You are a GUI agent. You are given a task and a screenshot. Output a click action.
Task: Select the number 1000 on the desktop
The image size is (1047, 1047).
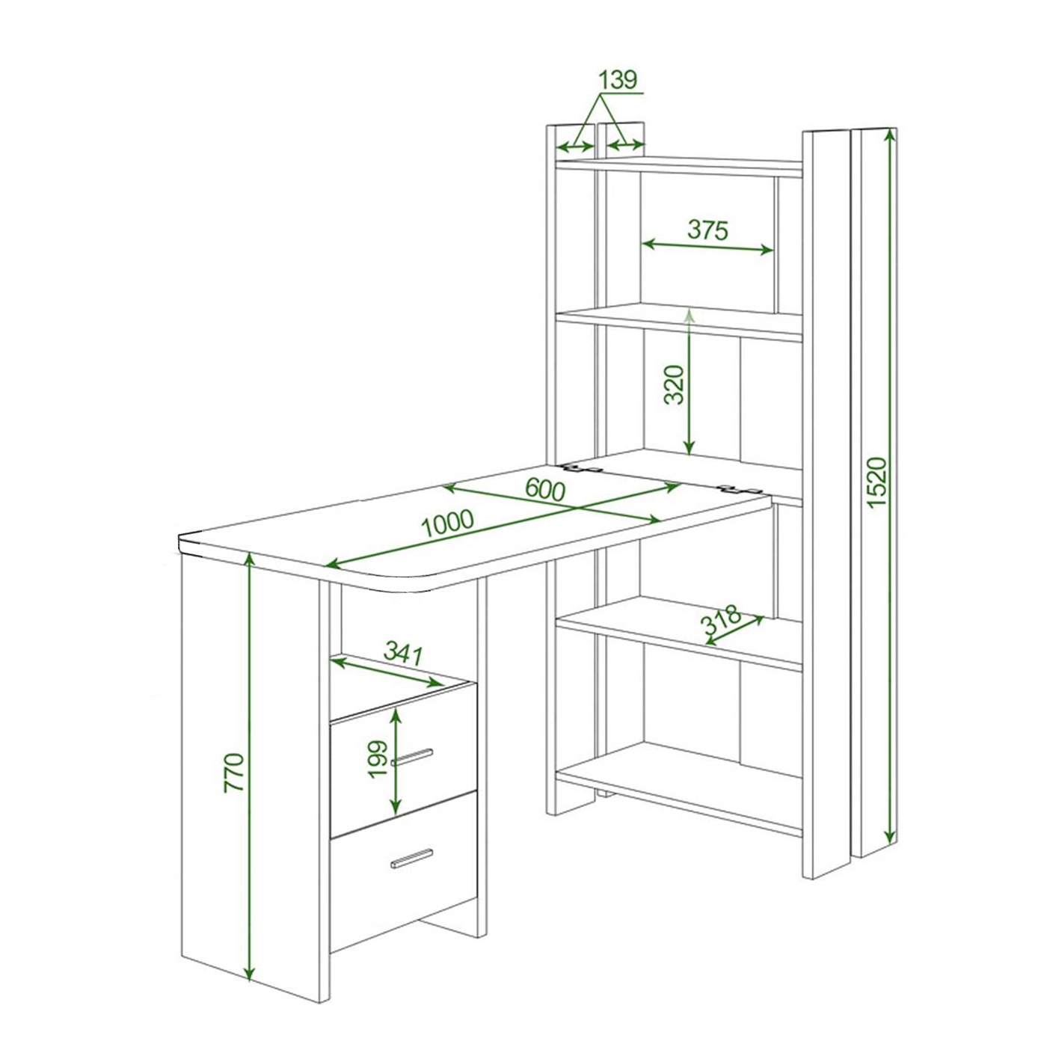click(448, 523)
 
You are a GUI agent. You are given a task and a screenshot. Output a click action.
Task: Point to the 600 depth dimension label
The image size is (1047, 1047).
click(545, 491)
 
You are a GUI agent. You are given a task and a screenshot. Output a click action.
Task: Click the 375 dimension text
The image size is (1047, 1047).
click(707, 230)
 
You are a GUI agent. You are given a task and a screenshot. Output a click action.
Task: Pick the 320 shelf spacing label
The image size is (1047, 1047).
click(674, 385)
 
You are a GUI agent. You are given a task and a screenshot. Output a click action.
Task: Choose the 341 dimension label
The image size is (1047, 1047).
click(403, 654)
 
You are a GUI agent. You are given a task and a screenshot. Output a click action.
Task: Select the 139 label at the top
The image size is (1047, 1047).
click(617, 81)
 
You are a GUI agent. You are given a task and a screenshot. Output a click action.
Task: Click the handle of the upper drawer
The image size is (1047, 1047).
click(412, 757)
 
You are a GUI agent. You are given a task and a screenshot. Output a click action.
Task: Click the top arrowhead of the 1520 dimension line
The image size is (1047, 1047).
click(890, 137)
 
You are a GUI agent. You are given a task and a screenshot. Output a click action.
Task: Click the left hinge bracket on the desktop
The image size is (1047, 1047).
click(579, 468)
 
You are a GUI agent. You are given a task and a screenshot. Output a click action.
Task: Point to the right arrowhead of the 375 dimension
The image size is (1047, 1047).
click(767, 251)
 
